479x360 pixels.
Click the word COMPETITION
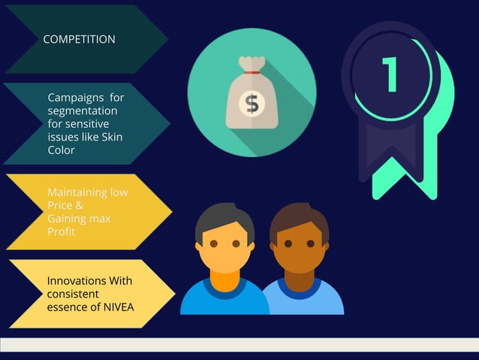tap(79, 39)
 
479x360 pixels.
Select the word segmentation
tap(82, 111)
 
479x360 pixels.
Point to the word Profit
tap(61, 231)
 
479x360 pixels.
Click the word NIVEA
tap(119, 305)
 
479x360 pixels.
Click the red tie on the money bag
tap(252, 73)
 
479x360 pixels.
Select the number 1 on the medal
tap(390, 75)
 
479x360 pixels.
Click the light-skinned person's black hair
tap(224, 218)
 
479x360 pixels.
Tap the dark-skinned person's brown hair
tap(299, 218)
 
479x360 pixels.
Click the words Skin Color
tap(85, 144)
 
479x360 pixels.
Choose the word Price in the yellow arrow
tap(61, 205)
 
